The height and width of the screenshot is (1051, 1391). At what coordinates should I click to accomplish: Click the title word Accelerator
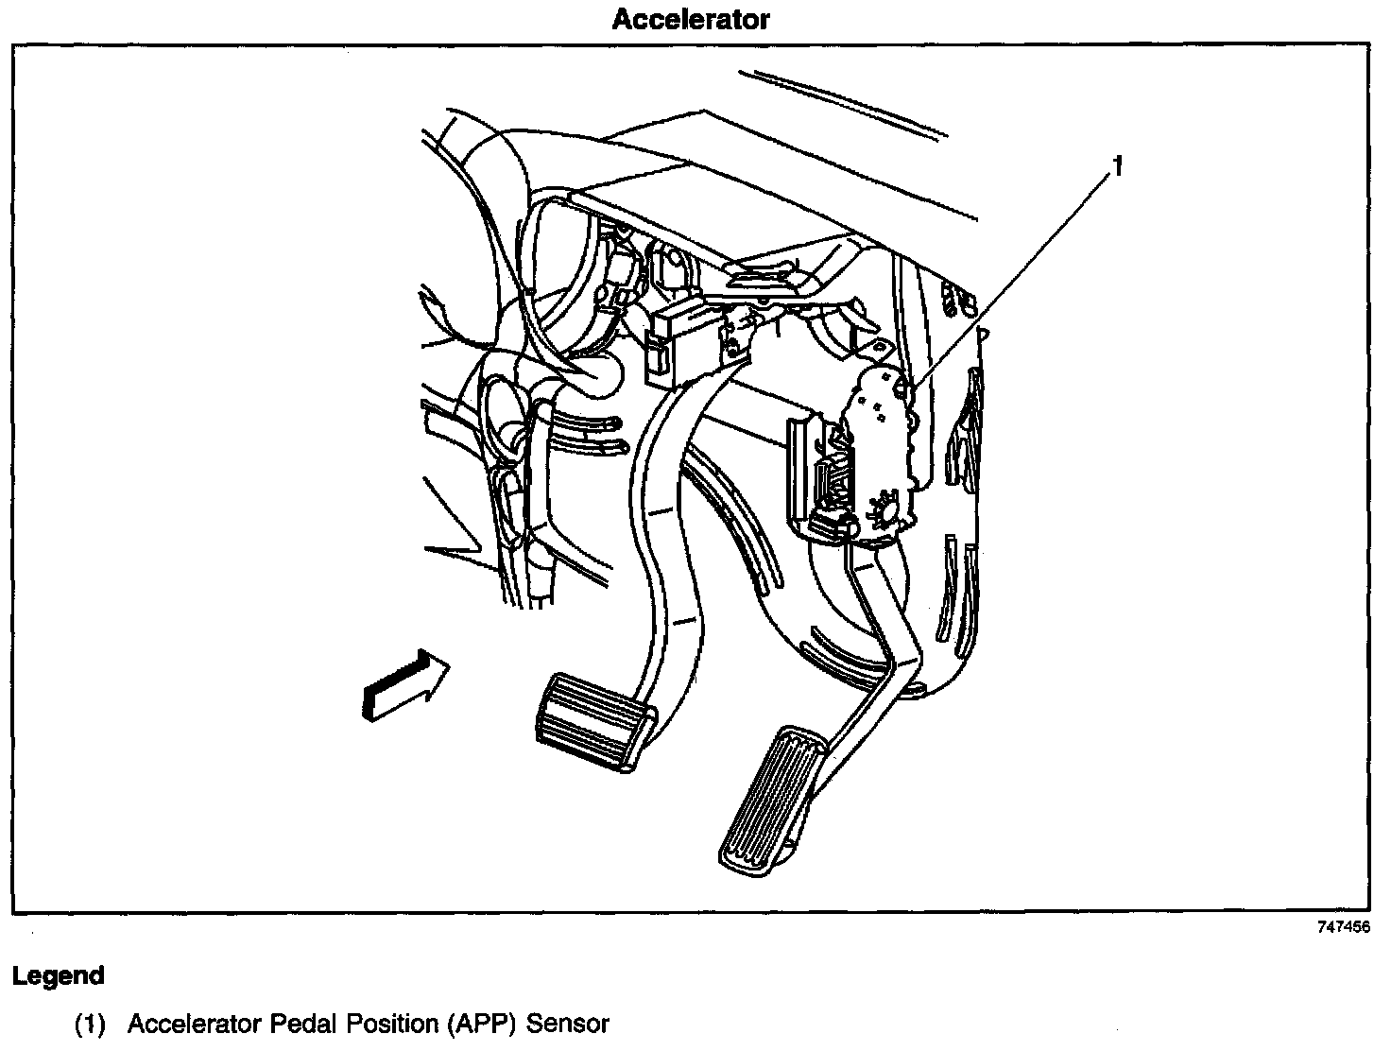[x=691, y=19]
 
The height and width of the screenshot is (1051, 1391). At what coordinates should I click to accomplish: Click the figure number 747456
[x=1343, y=927]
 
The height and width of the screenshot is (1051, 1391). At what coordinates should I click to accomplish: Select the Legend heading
[x=58, y=976]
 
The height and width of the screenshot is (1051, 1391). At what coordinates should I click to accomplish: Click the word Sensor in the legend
[x=568, y=1024]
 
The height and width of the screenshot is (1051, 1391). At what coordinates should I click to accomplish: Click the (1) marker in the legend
[x=90, y=1024]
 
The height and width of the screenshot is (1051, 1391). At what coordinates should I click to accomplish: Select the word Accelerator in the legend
[x=196, y=1024]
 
